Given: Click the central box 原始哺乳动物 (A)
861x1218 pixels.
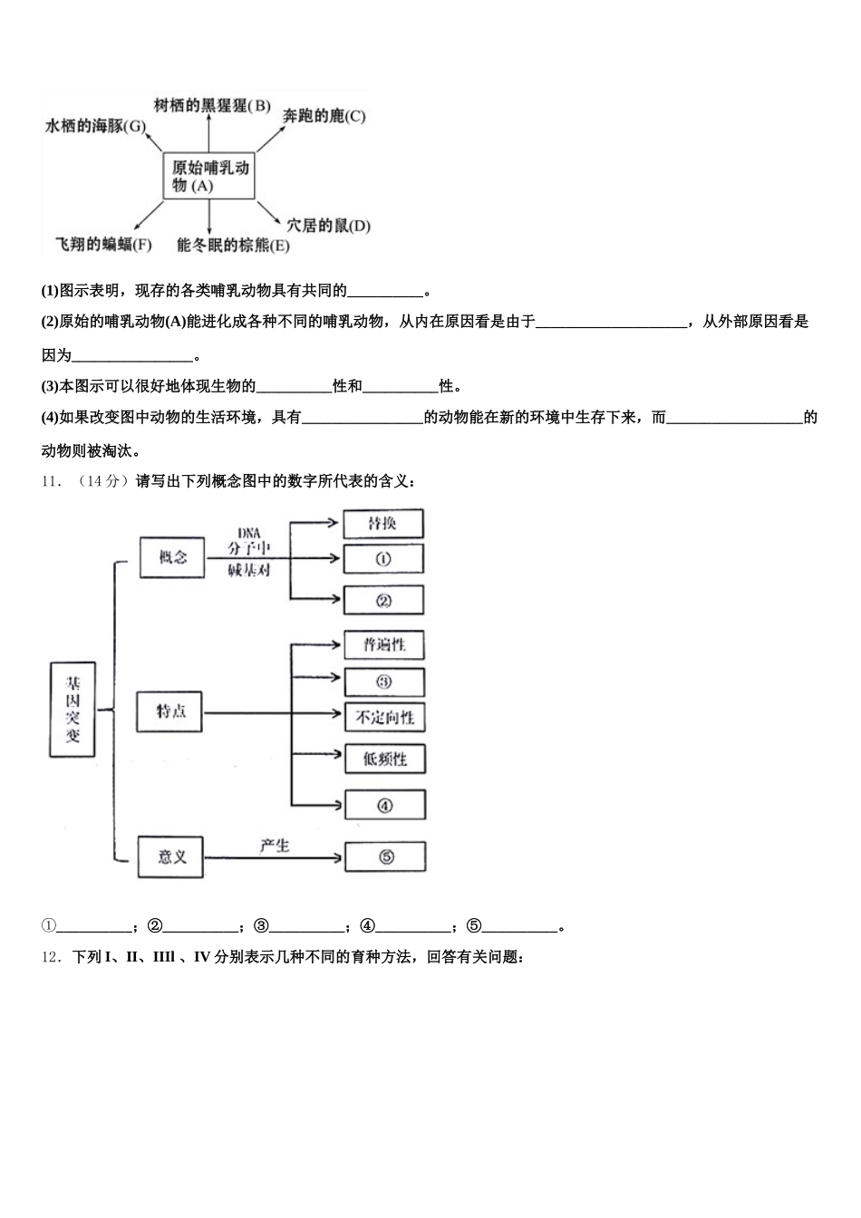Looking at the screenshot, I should (x=209, y=176).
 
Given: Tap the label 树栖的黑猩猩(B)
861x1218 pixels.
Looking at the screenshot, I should (x=212, y=106).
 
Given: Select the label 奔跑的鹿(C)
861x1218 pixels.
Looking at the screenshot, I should (x=324, y=116).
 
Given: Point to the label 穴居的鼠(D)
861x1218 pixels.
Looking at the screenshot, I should (x=328, y=226).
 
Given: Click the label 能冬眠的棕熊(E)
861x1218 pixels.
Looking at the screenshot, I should (x=233, y=246).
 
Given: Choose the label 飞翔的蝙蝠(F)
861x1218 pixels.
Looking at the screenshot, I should (x=103, y=245).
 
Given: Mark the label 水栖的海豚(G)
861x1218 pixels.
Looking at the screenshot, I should (x=95, y=127).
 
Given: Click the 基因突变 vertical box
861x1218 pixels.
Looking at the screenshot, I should (x=72, y=710).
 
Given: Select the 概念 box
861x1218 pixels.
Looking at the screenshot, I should (x=172, y=557).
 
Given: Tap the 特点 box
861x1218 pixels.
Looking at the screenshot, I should (x=169, y=711).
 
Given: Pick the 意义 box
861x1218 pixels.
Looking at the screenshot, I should (x=170, y=856).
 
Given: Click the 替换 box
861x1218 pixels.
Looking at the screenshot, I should (x=383, y=524).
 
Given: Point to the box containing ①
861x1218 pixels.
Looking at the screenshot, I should (x=383, y=559).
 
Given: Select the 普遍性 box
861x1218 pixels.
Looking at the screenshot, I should (x=384, y=645).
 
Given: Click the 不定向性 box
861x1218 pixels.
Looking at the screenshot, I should (x=384, y=718).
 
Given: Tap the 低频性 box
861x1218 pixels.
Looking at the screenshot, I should (x=384, y=759).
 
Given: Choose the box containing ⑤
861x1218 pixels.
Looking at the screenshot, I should (x=385, y=857).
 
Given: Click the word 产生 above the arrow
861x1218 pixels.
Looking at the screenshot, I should (x=274, y=845).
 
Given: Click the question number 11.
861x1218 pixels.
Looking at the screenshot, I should (x=51, y=481).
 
